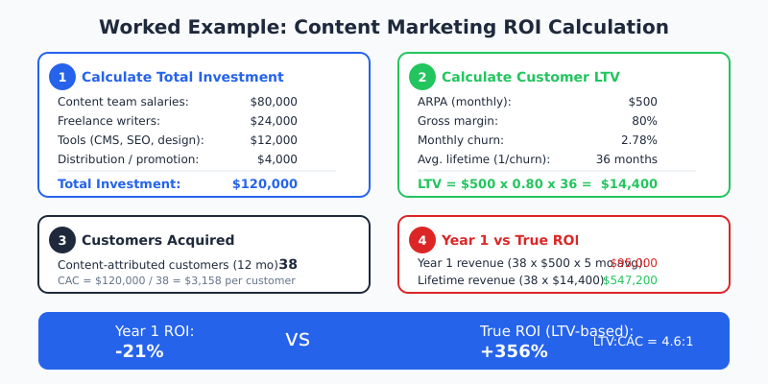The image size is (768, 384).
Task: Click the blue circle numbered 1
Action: (x=62, y=77)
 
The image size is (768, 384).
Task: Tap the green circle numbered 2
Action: (x=422, y=77)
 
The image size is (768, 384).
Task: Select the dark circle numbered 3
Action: (x=62, y=240)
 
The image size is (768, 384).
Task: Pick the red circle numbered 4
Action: (x=422, y=240)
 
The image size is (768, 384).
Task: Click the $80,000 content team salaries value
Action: (x=274, y=102)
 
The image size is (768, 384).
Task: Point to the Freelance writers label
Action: (x=108, y=121)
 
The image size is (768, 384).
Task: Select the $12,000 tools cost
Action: (x=274, y=140)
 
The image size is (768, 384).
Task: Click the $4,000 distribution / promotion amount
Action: (x=277, y=159)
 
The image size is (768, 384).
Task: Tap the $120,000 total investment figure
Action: (x=265, y=183)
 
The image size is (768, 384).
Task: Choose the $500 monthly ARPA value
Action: (x=642, y=102)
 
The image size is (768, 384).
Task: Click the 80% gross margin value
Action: (x=645, y=121)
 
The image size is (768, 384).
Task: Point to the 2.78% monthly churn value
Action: (x=638, y=140)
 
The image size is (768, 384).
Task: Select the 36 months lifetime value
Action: (x=627, y=159)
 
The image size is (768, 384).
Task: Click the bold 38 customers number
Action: (x=288, y=264)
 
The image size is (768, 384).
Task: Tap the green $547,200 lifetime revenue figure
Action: (x=631, y=280)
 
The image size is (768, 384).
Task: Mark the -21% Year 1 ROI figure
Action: (x=139, y=351)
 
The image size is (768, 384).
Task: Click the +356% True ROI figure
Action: (x=514, y=351)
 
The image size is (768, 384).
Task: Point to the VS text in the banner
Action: (x=298, y=340)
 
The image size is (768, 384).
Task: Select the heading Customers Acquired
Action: (x=157, y=240)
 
